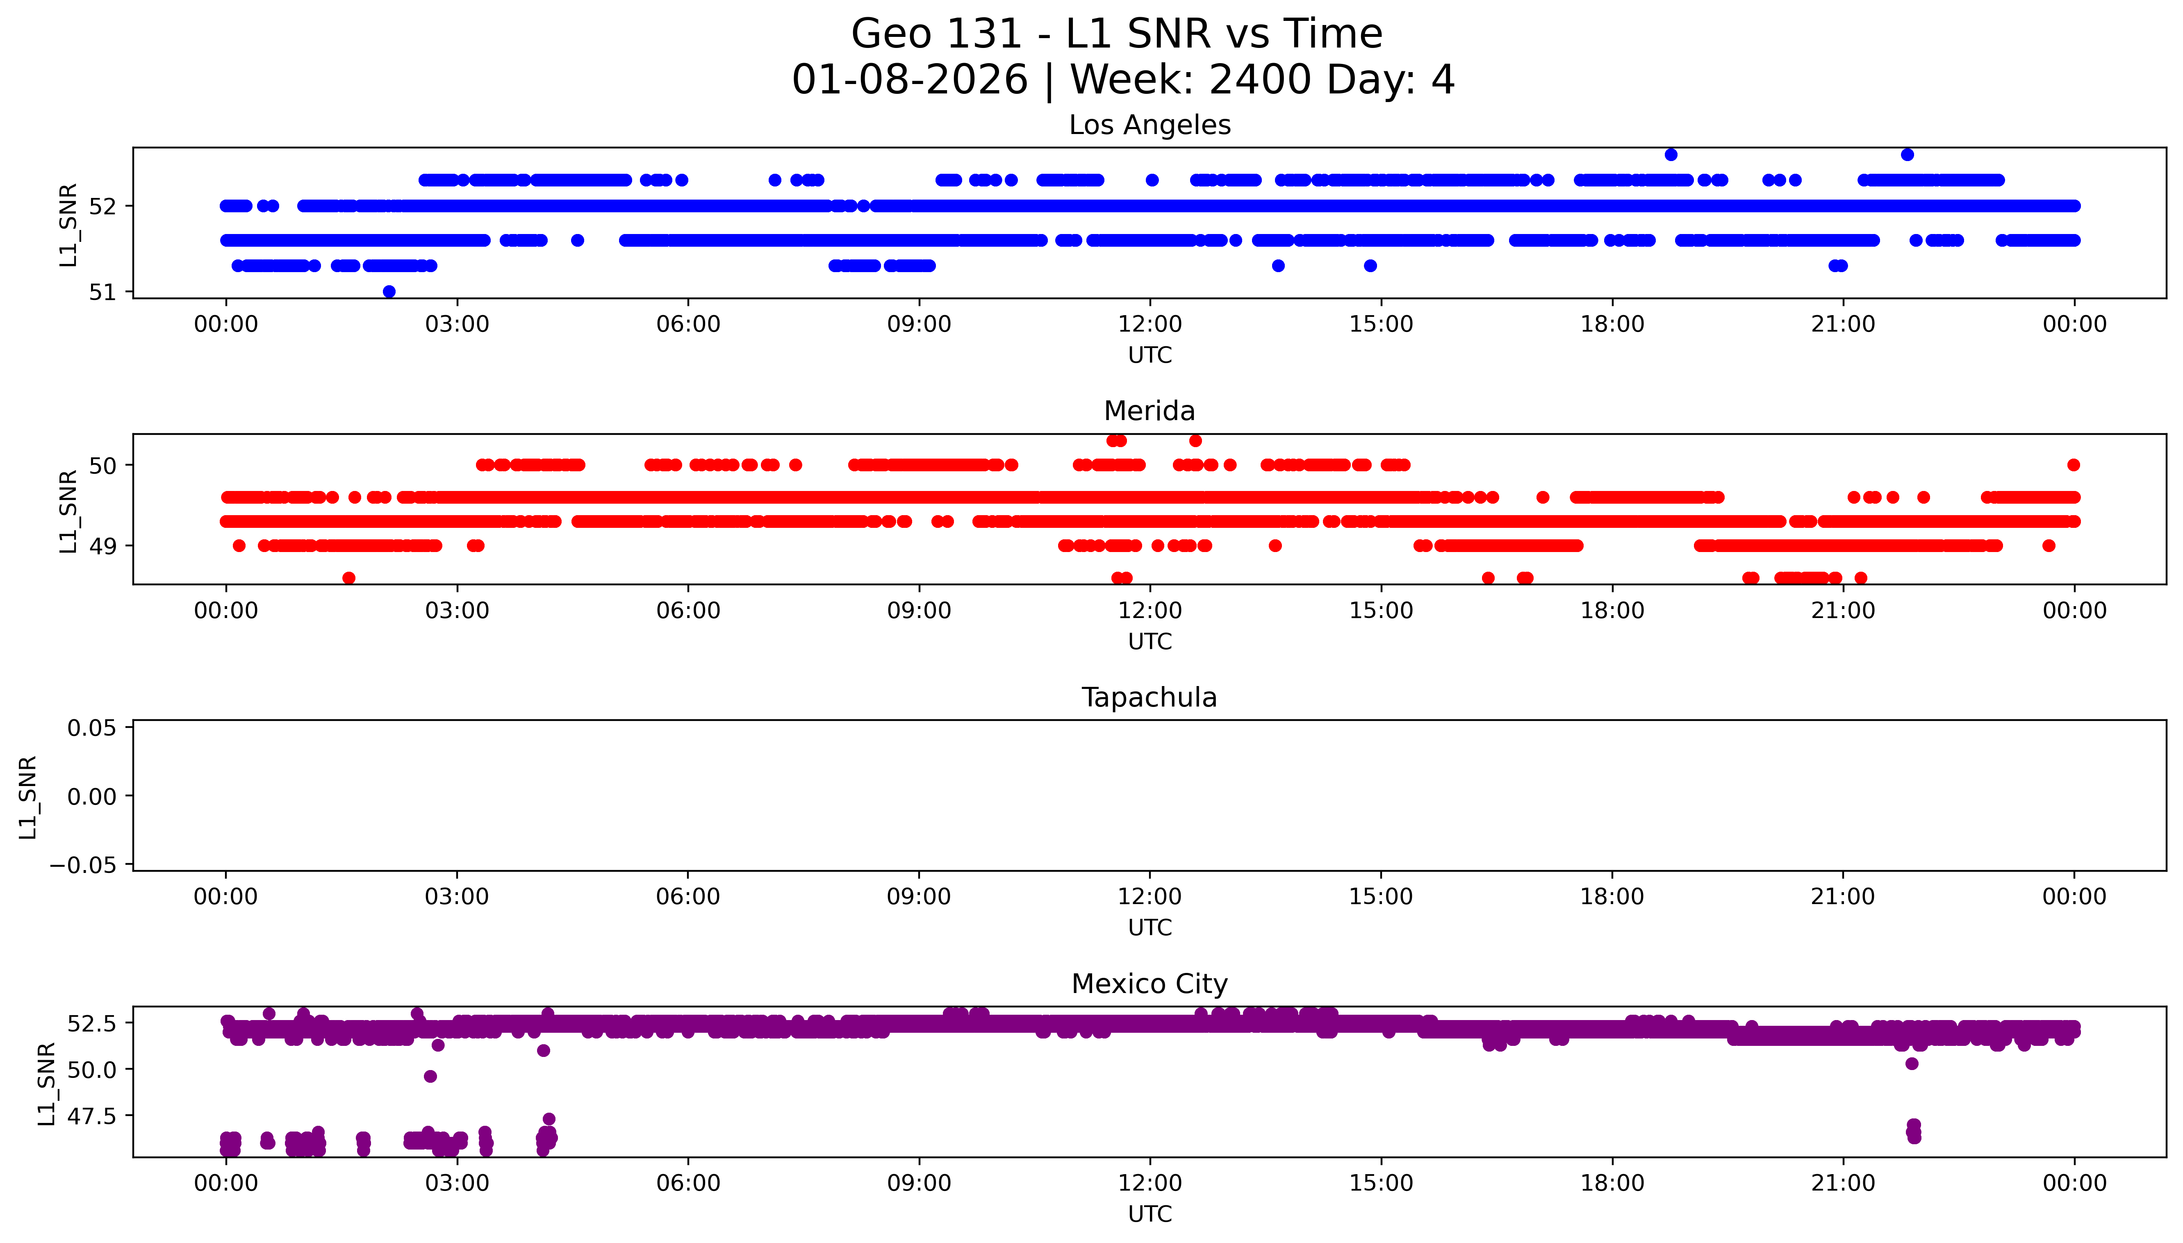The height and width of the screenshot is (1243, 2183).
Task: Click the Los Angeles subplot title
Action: pos(1149,125)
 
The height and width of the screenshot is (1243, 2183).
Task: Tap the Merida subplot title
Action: pos(1149,411)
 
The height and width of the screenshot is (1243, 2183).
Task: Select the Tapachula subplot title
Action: pos(1149,698)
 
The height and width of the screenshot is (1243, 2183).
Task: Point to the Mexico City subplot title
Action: pos(1149,984)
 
